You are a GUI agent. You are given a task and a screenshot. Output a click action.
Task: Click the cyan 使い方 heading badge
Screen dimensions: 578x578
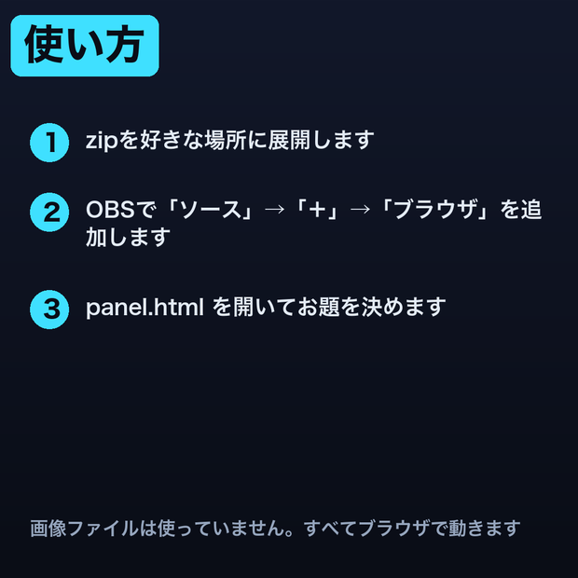(x=85, y=46)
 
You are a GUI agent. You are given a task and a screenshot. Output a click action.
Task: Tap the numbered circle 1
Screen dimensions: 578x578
(x=49, y=143)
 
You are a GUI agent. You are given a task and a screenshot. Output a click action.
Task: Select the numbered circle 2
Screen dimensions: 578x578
(x=49, y=213)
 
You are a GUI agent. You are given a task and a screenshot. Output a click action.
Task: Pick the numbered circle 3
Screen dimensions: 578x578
(x=49, y=310)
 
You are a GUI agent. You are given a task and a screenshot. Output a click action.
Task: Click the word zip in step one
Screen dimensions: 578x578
(x=102, y=141)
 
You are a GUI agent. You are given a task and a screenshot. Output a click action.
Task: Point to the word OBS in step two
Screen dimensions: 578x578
(x=110, y=210)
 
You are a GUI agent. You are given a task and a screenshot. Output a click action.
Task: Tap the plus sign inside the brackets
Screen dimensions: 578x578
(x=317, y=210)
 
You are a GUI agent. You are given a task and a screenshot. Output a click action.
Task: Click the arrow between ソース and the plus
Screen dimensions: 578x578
(x=275, y=210)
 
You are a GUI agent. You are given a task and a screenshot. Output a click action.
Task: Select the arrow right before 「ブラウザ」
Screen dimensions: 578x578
(x=360, y=210)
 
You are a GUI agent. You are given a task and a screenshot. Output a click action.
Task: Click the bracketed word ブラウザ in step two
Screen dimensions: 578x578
(x=434, y=209)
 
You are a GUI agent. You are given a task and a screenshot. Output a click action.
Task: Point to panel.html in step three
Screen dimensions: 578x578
(x=144, y=308)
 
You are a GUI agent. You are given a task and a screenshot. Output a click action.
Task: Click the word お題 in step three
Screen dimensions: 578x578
(x=319, y=307)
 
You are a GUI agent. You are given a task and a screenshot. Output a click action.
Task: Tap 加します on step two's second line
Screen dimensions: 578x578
(x=128, y=237)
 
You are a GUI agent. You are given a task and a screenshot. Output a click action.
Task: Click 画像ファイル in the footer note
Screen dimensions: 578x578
(x=84, y=529)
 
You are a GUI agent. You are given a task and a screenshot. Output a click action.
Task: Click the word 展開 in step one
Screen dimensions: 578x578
(x=289, y=140)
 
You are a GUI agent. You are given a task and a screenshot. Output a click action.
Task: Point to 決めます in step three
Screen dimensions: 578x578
(x=404, y=307)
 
